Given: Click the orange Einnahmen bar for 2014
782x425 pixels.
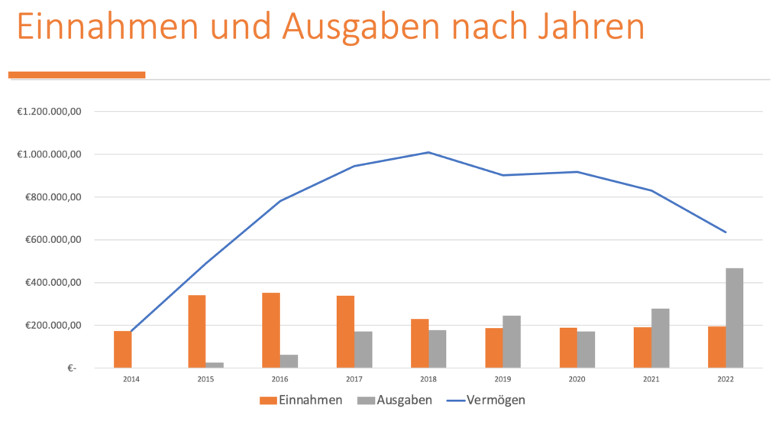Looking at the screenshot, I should (122, 349).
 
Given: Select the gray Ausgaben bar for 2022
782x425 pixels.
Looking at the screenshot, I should (734, 318).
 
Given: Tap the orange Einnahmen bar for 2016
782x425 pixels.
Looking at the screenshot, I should (271, 330).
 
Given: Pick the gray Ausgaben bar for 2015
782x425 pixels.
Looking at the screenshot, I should (215, 365).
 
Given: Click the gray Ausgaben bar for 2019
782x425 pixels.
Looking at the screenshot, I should (512, 342).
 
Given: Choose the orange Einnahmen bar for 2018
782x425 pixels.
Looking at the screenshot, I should (419, 343).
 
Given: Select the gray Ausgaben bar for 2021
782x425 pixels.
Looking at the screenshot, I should (660, 338).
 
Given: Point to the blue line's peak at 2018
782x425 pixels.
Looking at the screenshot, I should (428, 152).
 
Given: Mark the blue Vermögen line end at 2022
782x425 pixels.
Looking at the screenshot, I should (725, 232).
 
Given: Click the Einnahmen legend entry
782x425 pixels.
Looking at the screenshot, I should (302, 400).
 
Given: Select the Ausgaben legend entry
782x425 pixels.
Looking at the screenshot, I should (396, 400).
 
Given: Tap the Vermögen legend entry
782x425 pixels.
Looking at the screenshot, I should (487, 400).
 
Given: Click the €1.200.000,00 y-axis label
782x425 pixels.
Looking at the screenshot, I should (54, 112).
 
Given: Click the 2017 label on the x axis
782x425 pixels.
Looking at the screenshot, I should (354, 378).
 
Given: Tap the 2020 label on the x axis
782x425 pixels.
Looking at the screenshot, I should (577, 378).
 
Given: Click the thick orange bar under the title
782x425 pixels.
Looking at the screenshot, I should (76, 74).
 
